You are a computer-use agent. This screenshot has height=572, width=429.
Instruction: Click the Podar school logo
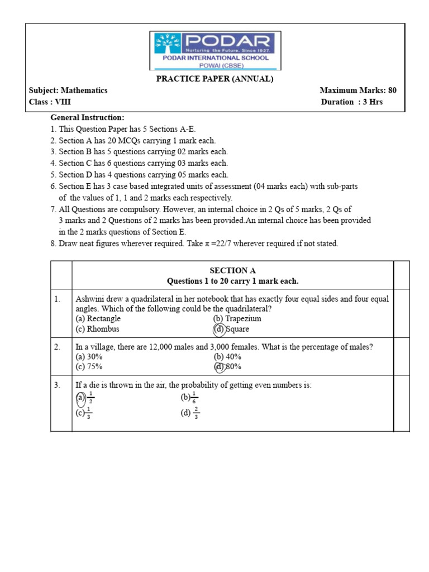[x=215, y=50]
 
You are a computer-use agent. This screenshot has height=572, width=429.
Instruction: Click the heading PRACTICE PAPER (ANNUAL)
[x=214, y=79]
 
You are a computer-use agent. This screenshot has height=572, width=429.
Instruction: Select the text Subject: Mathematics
[x=68, y=90]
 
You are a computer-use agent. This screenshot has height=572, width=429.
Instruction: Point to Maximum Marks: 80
[x=358, y=90]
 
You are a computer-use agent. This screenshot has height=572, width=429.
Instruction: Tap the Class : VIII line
[x=50, y=102]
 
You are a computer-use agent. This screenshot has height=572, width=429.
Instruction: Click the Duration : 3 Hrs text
[x=352, y=102]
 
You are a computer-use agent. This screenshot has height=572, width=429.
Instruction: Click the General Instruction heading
[x=87, y=118]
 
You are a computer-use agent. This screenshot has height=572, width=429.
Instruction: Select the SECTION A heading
[x=232, y=270]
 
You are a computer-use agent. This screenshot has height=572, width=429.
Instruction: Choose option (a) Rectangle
[x=98, y=319]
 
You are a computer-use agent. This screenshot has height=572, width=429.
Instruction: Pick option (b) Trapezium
[x=237, y=319]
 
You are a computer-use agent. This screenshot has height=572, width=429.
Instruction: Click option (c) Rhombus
[x=97, y=330]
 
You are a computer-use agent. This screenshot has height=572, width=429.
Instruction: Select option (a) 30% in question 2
[x=89, y=357]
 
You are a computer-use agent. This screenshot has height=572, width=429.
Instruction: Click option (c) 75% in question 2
[x=89, y=367]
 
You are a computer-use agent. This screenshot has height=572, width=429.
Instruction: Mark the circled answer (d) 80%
[x=227, y=367]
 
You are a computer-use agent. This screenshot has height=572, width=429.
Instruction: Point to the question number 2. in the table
[x=58, y=347]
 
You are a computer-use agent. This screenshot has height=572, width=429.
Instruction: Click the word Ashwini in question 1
[x=89, y=299]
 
